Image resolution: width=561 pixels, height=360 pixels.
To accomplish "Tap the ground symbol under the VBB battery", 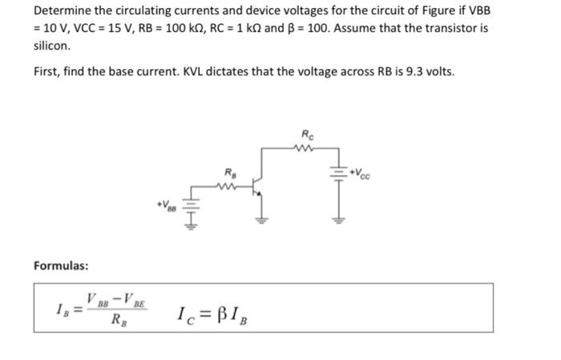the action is point(191,228).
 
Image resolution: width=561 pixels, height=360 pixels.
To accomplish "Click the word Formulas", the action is point(61,265).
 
